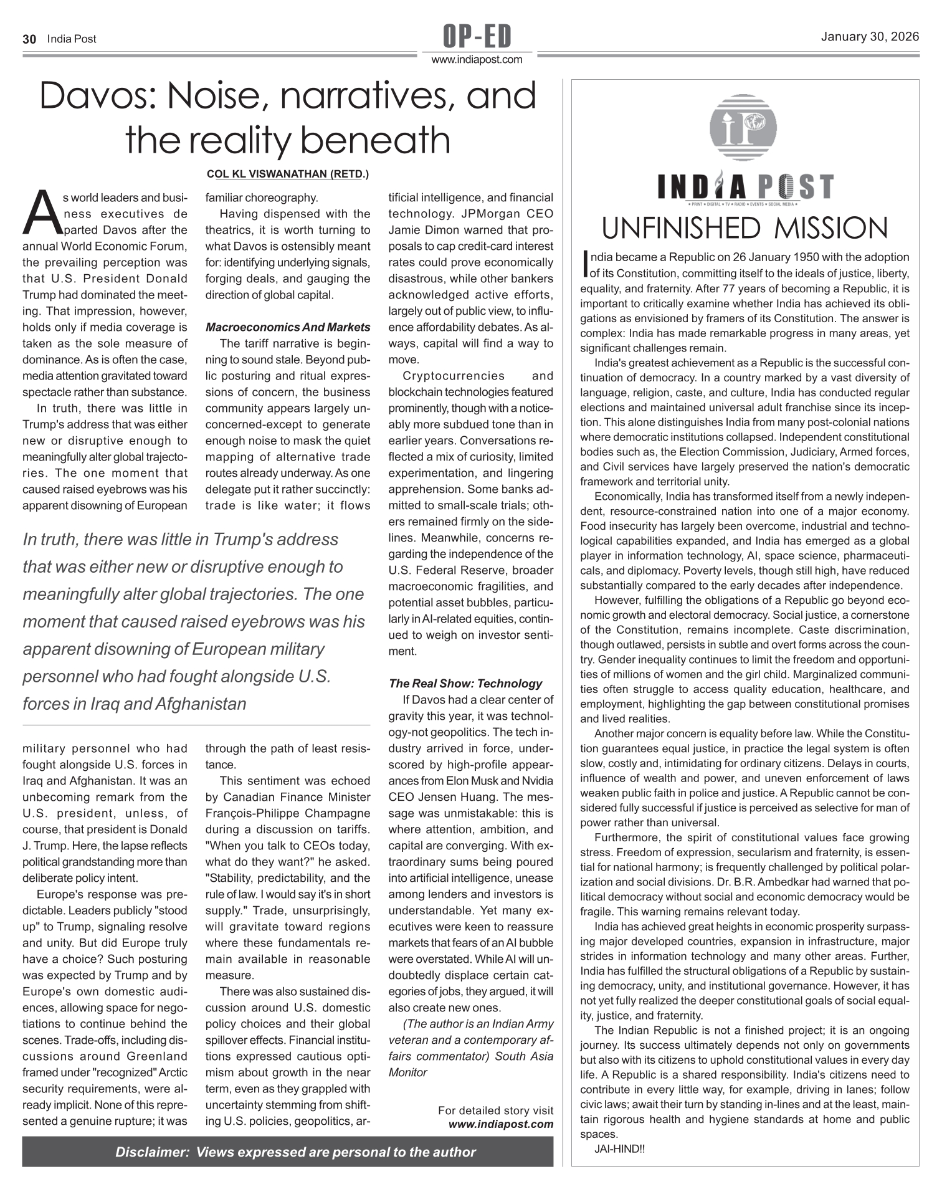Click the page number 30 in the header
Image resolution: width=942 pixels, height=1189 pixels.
pyautogui.click(x=29, y=39)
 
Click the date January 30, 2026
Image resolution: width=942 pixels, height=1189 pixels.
pyautogui.click(x=870, y=37)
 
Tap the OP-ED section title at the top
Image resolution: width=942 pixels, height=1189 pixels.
pyautogui.click(x=477, y=36)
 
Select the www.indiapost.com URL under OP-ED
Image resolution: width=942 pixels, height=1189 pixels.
pyautogui.click(x=477, y=60)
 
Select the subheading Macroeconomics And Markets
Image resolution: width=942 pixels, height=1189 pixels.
pyautogui.click(x=288, y=327)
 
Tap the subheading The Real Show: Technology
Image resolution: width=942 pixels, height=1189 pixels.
pyautogui.click(x=465, y=684)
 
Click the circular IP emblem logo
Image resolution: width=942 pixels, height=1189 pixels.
pyautogui.click(x=743, y=127)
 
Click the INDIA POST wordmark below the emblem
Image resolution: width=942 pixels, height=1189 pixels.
pyautogui.click(x=745, y=188)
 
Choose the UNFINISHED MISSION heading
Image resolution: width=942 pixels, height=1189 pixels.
pyautogui.click(x=745, y=229)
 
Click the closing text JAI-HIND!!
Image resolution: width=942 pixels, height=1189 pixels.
pyautogui.click(x=620, y=1148)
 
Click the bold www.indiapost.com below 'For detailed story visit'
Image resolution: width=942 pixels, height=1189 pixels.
pyautogui.click(x=500, y=1124)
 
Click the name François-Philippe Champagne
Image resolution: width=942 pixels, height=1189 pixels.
pyautogui.click(x=288, y=813)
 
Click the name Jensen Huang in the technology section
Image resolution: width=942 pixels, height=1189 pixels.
pyautogui.click(x=462, y=797)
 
